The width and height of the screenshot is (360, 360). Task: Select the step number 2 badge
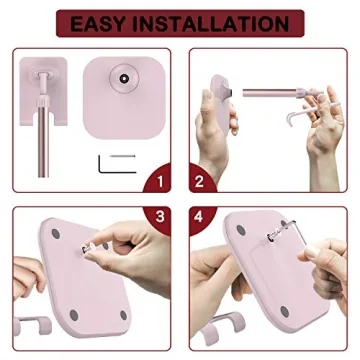click(x=198, y=181)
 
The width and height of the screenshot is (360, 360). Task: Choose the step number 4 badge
click(x=198, y=215)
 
